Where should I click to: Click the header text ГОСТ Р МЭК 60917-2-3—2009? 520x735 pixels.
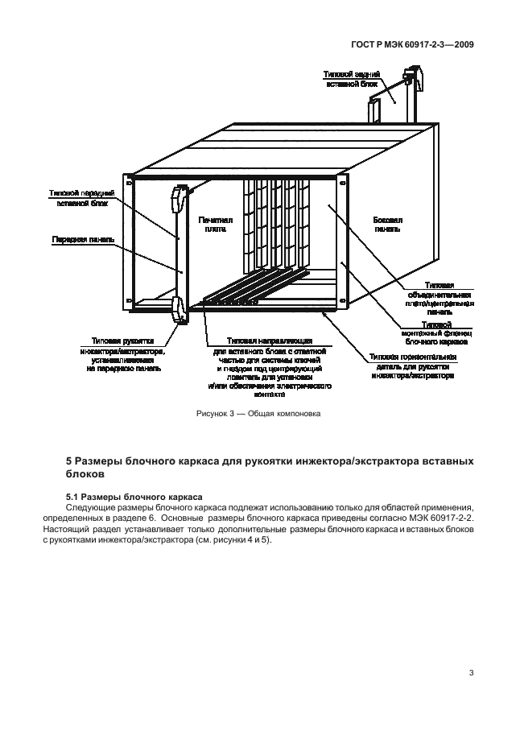coord(413,45)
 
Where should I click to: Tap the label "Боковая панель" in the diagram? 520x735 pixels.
coord(388,223)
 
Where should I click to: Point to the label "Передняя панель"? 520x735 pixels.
coord(84,239)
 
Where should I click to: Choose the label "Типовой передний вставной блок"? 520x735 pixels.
coord(81,199)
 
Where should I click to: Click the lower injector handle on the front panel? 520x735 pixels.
coord(179,310)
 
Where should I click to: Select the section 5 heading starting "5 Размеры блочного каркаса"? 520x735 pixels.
coord(266,468)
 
